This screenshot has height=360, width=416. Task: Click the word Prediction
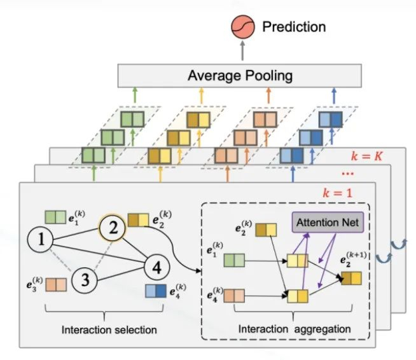click(294, 27)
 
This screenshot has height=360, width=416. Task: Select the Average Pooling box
click(240, 76)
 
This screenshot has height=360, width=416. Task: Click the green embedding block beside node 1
click(55, 218)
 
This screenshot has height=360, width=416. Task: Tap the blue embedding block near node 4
click(155, 291)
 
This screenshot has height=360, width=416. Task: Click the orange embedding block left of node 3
click(54, 284)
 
